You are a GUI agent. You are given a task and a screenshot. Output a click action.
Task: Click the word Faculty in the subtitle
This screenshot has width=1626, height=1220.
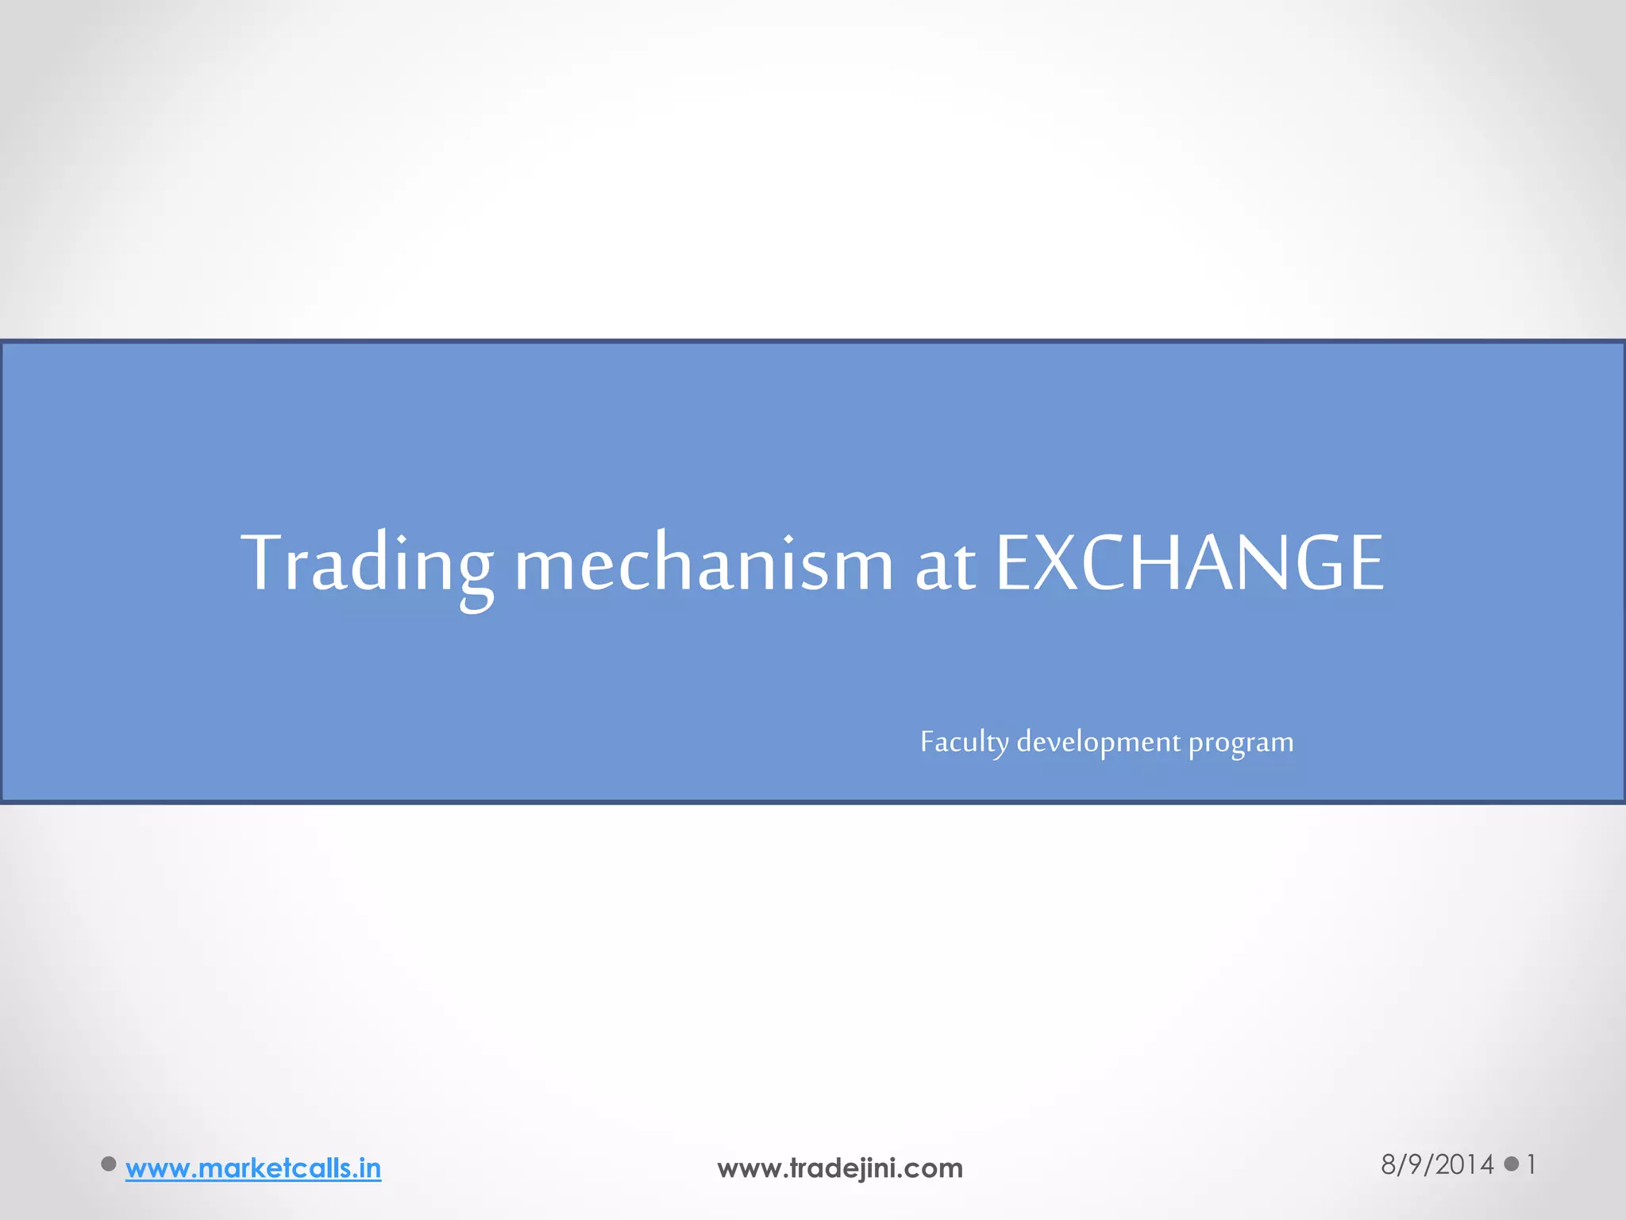(964, 742)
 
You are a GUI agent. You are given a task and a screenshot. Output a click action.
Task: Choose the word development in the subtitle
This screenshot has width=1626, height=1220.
(1098, 742)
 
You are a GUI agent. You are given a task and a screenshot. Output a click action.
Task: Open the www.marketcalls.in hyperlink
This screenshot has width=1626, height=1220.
(253, 1168)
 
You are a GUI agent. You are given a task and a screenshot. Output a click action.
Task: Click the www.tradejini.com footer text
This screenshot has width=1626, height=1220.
(840, 1168)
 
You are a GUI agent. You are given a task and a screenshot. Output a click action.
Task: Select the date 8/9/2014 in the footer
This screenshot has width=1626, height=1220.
(1437, 1164)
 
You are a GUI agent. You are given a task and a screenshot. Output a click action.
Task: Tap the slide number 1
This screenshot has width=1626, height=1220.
(1531, 1164)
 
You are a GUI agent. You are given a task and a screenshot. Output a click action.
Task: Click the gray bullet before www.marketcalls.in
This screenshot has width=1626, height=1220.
(109, 1164)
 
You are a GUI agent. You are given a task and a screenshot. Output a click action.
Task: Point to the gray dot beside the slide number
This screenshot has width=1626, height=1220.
(1512, 1164)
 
